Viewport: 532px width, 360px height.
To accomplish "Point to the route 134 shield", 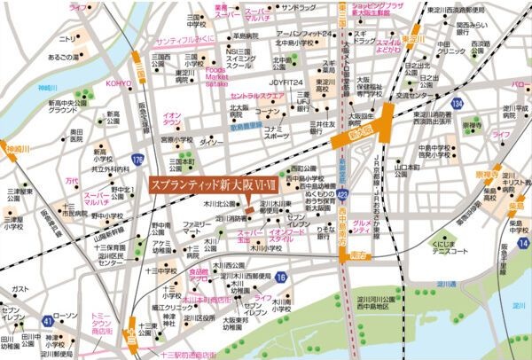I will pyautogui.click(x=457, y=105).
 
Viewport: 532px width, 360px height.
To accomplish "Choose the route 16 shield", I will pyautogui.click(x=280, y=278).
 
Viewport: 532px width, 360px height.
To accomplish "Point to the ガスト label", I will pyautogui.click(x=20, y=289).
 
